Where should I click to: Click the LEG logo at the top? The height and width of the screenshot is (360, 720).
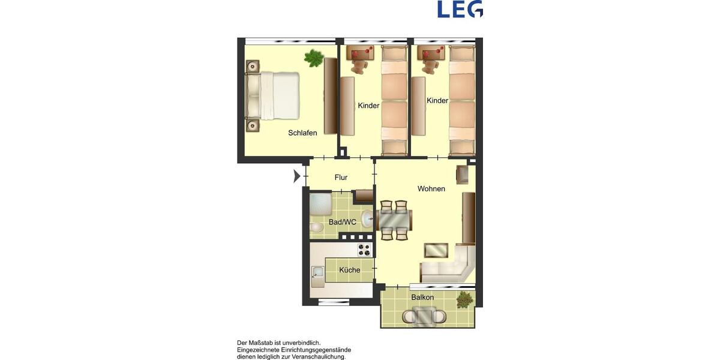pos(460,9)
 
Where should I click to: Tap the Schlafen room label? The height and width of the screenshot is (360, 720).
pos(302,133)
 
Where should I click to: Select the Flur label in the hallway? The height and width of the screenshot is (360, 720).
pos(341,177)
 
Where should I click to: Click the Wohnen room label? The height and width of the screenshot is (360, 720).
pos(431,189)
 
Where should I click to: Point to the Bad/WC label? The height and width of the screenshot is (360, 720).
pos(343,222)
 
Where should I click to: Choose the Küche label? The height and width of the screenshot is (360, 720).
pos(350,270)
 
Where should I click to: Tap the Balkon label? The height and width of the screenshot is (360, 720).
pos(422,297)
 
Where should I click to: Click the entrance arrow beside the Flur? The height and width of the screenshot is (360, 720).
pos(297,176)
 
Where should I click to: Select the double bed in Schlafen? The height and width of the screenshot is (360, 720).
pos(273,95)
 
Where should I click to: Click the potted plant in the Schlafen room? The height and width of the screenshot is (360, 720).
pos(314,58)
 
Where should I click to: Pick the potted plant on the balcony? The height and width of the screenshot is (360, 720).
pos(464,299)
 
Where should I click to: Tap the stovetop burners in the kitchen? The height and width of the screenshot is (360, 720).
pos(364,249)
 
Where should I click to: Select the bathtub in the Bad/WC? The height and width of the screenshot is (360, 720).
pos(320,205)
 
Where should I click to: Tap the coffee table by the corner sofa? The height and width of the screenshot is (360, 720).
pos(436,249)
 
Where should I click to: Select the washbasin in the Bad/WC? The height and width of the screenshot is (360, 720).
pos(367,218)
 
